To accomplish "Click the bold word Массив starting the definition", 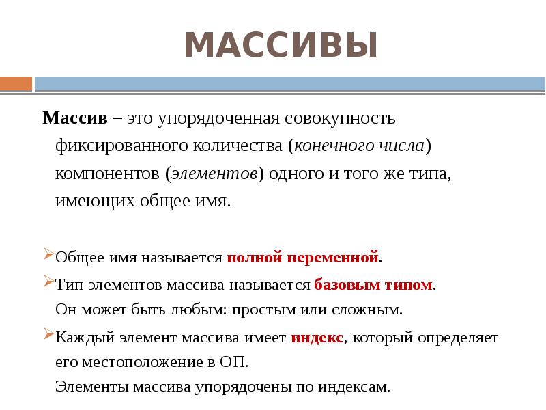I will [75, 118].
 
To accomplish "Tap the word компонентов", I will [106, 174].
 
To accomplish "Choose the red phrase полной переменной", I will [302, 258].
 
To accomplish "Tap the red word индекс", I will [316, 338].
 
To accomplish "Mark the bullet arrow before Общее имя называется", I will [48, 256].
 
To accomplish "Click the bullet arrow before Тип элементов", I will [48, 282].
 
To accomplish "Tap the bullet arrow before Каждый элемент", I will [48, 335].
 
